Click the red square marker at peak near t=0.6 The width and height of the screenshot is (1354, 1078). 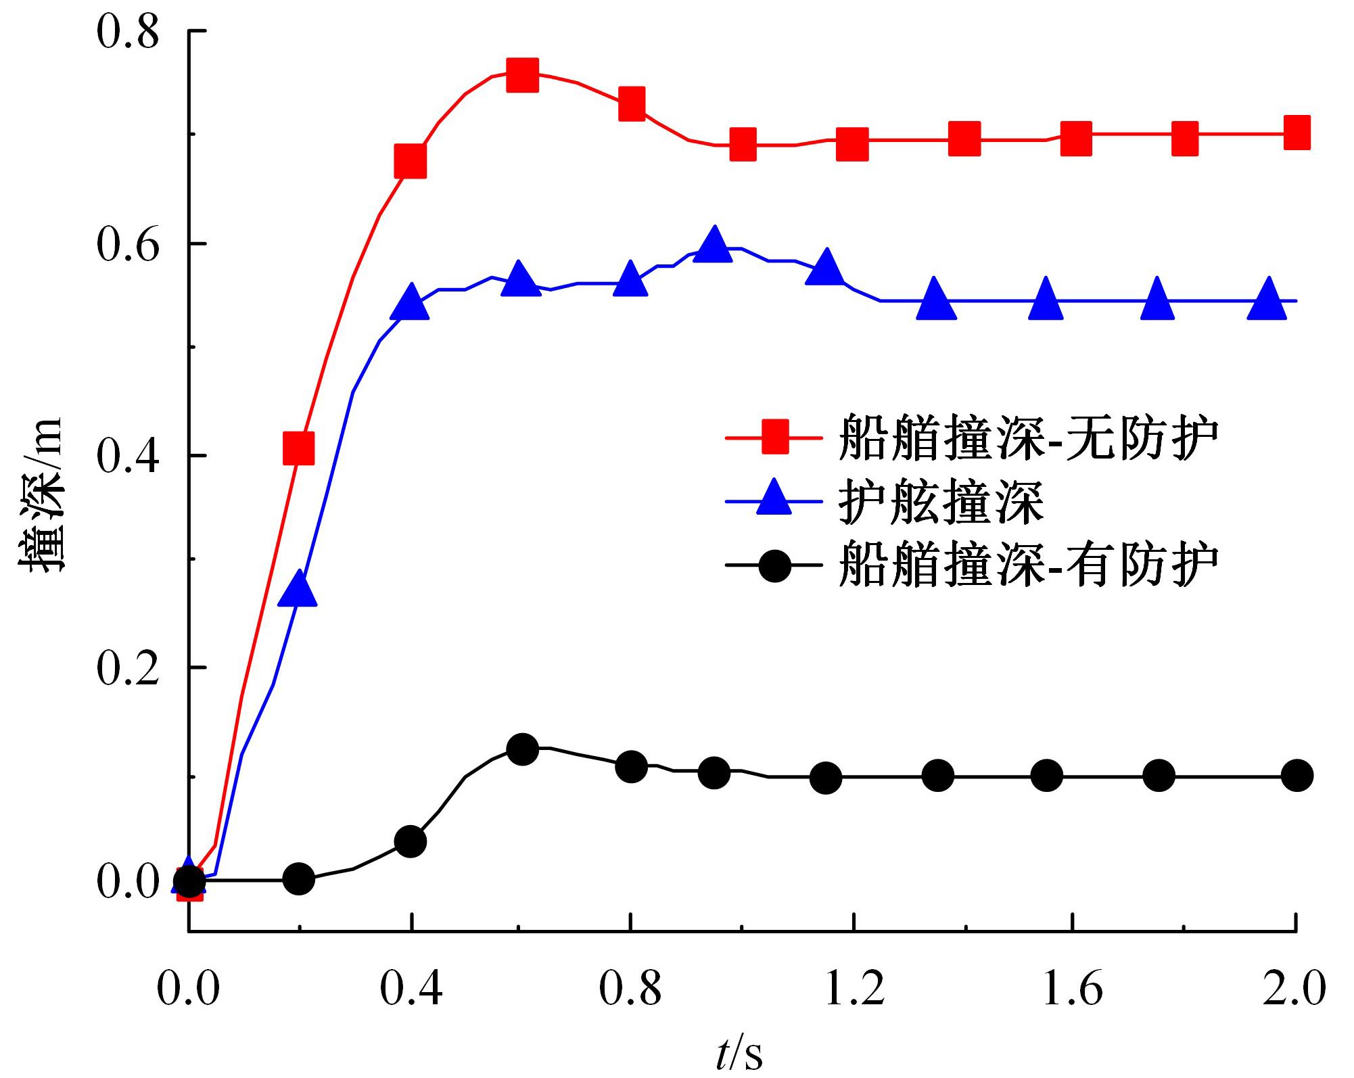tap(522, 74)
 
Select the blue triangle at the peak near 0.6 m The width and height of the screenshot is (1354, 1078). tap(714, 245)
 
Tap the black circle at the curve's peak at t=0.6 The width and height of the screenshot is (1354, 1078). tap(522, 749)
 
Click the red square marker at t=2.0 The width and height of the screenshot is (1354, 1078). tap(1296, 133)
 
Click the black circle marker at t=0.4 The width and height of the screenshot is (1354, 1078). tap(410, 841)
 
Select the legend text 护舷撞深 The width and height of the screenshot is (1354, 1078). tap(941, 502)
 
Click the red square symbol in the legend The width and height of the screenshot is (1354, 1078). tap(774, 437)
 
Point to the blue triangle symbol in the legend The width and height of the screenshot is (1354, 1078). tap(774, 500)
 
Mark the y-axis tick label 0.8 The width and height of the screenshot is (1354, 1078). tap(128, 32)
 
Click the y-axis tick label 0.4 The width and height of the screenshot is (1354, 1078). tap(128, 456)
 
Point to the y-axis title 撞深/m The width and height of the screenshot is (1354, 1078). tap(42, 497)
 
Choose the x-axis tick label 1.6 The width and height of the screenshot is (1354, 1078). tap(1073, 989)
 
